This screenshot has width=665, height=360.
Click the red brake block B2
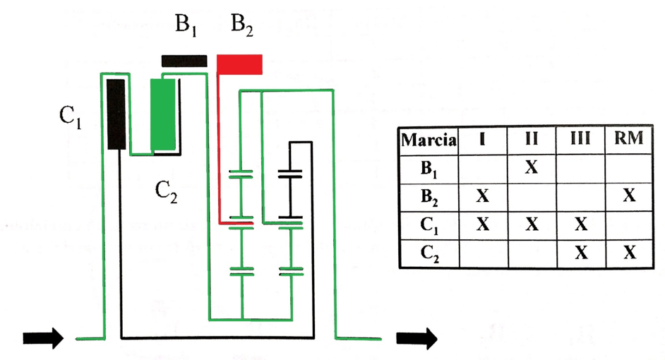(x=239, y=64)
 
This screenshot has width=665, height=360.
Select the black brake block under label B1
(x=184, y=61)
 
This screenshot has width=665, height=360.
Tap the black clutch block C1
(x=116, y=114)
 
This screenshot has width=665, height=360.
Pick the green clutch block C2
(x=163, y=114)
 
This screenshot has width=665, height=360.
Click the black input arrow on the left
(x=43, y=338)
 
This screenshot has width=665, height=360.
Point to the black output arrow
(x=417, y=338)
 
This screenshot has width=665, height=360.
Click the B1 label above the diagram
(x=186, y=25)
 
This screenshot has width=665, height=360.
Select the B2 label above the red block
(x=241, y=25)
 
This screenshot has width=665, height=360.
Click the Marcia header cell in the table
(x=429, y=140)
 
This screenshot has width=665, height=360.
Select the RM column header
(x=628, y=138)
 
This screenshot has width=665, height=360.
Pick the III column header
(x=580, y=138)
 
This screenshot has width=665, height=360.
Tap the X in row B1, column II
(x=532, y=167)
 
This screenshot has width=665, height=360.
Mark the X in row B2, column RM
(x=629, y=195)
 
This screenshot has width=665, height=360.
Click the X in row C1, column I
(x=483, y=224)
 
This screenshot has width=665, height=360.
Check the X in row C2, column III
(x=580, y=252)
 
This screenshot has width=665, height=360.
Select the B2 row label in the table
(x=429, y=198)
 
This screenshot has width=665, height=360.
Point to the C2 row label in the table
(x=429, y=254)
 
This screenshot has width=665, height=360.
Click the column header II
(x=532, y=138)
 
